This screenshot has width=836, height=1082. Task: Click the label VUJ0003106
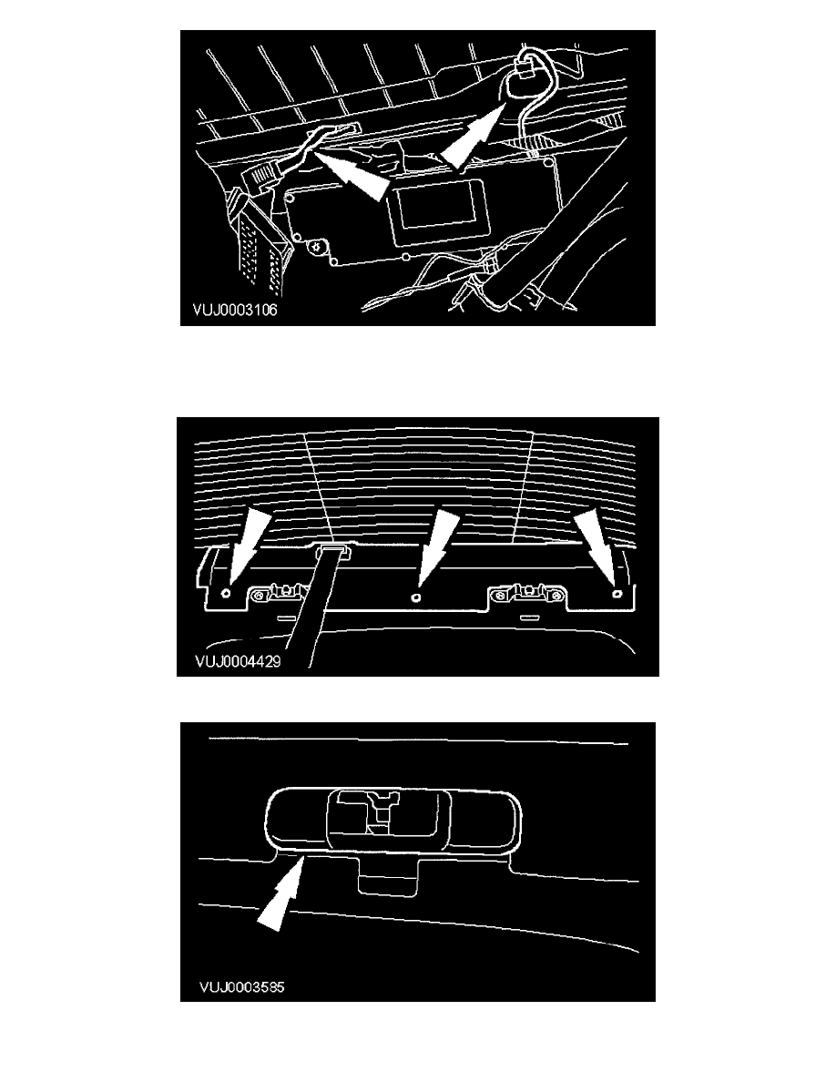point(235,310)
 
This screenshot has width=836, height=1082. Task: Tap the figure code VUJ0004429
point(238,662)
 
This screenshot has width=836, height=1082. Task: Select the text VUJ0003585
point(241,986)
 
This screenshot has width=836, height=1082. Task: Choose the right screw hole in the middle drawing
point(618,593)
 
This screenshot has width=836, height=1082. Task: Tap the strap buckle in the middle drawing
point(334,549)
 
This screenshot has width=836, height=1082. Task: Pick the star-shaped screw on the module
point(318,246)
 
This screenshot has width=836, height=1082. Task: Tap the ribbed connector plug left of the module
point(261,178)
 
